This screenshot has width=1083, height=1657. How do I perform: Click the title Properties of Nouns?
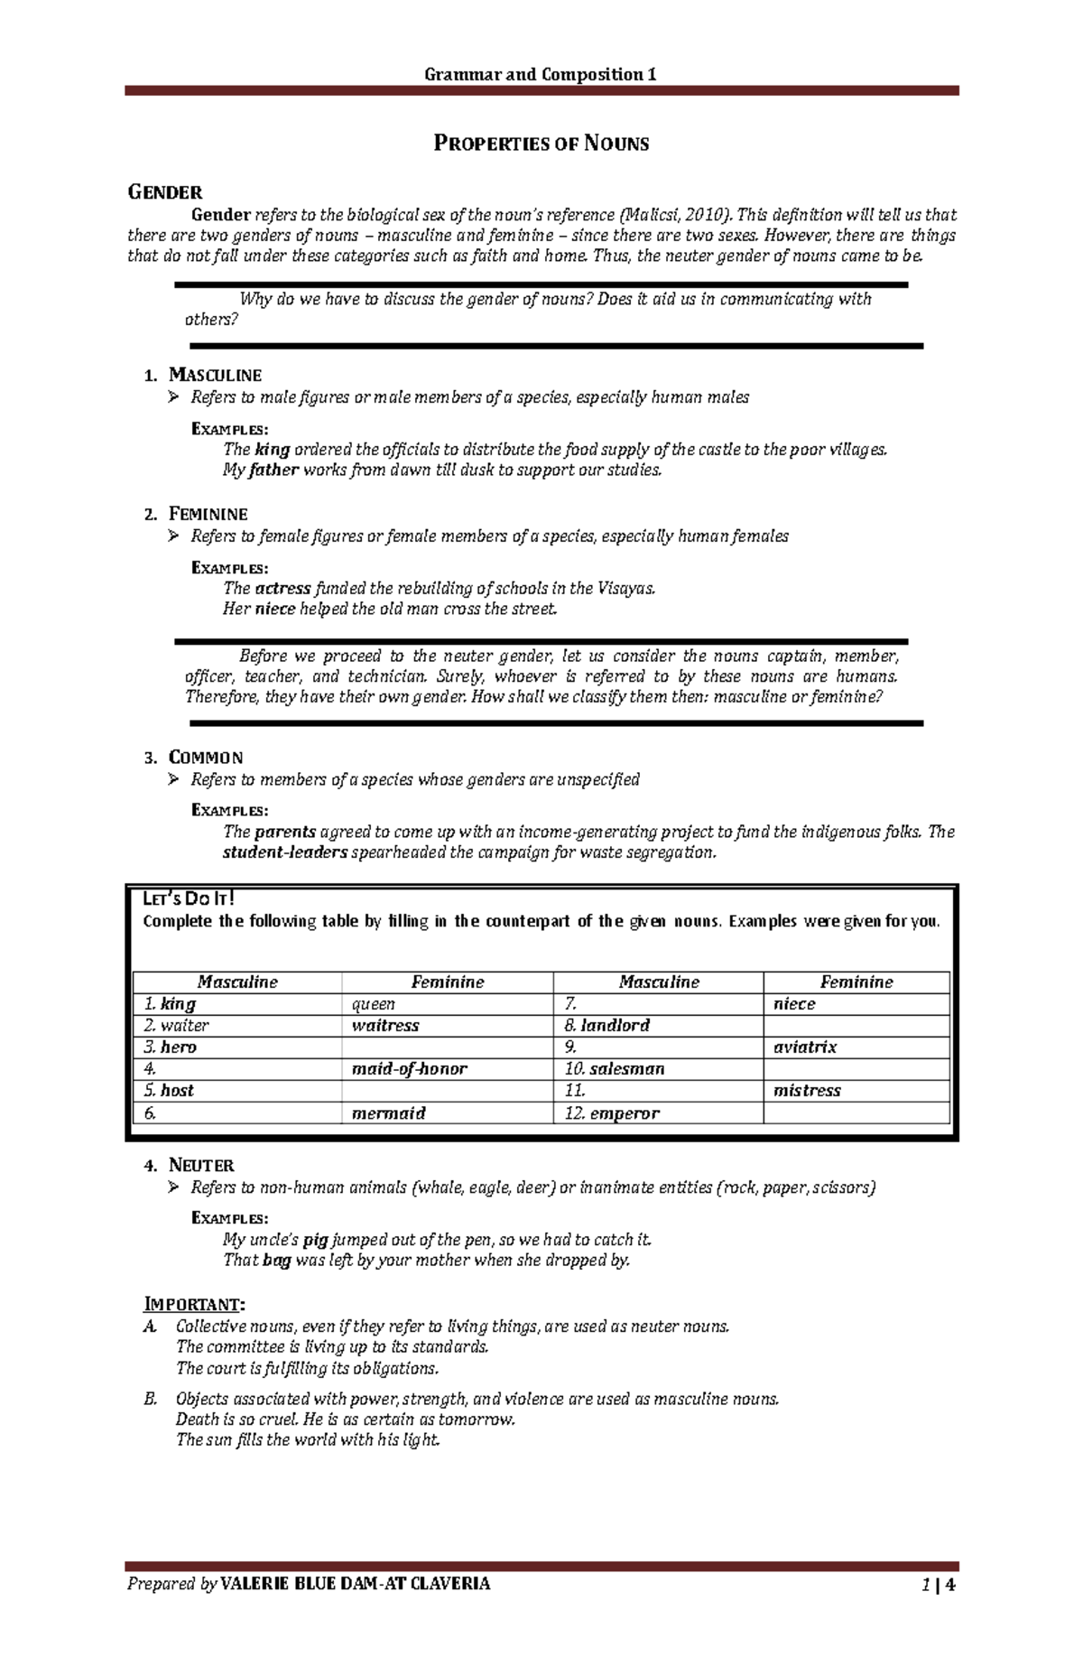click(x=541, y=144)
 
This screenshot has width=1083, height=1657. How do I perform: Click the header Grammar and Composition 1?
click(x=541, y=74)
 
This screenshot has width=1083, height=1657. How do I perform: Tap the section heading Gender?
click(x=165, y=191)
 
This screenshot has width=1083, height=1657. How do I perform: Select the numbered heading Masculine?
click(x=215, y=375)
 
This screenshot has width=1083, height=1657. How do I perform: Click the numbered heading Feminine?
click(x=208, y=514)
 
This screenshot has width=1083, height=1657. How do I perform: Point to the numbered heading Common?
click(x=206, y=757)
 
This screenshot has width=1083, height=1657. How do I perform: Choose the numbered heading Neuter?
click(x=201, y=1165)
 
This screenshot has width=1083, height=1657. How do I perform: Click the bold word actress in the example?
click(x=282, y=589)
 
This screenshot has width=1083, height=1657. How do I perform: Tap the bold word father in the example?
click(x=273, y=470)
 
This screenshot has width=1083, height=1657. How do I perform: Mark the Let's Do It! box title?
click(x=189, y=898)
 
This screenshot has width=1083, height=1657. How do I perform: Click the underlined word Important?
click(x=193, y=1305)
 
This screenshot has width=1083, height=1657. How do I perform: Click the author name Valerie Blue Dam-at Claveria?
click(x=356, y=1584)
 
